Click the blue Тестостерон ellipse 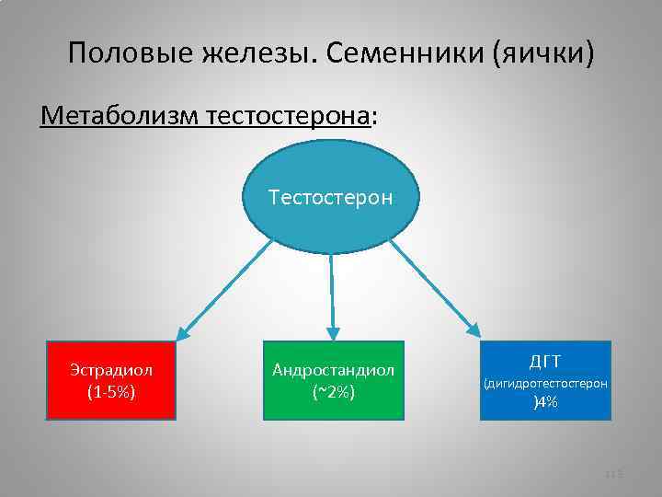(331, 197)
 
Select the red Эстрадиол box (110, 380)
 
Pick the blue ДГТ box (545, 380)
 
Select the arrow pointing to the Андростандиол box (332, 295)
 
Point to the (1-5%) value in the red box (111, 392)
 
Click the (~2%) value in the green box (333, 392)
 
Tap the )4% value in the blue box (546, 401)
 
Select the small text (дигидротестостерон (545, 382)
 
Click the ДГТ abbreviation (545, 359)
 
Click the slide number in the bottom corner (615, 474)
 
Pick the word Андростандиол (333, 370)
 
